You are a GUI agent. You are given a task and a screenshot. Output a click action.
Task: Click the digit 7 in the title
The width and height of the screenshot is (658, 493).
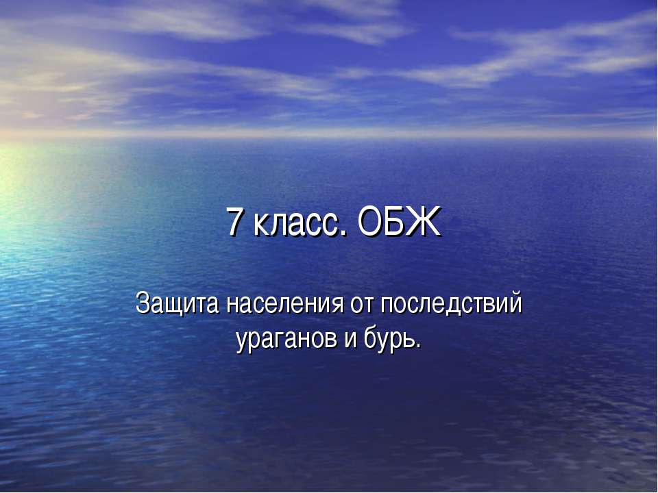[236, 223]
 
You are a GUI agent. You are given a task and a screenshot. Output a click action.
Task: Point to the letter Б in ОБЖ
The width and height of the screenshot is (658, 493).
[397, 223]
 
